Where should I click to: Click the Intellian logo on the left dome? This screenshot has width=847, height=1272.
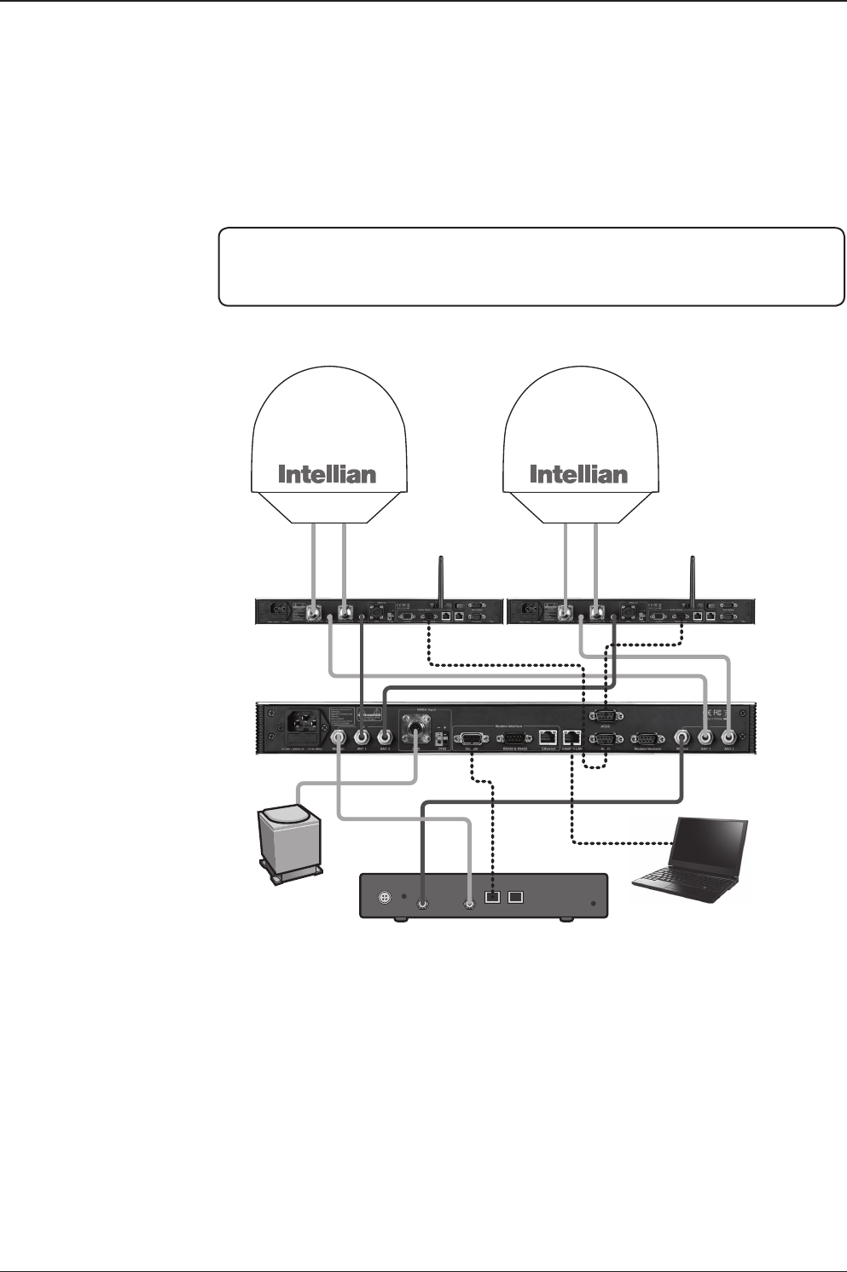pyautogui.click(x=327, y=474)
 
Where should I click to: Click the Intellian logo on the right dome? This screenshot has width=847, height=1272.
pyautogui.click(x=578, y=474)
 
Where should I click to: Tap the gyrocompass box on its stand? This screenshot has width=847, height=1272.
pyautogui.click(x=292, y=839)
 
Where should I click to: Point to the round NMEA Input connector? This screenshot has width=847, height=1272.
pyautogui.click(x=415, y=732)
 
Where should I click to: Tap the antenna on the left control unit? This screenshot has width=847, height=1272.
pyautogui.click(x=440, y=580)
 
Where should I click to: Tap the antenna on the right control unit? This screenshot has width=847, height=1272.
pyautogui.click(x=691, y=580)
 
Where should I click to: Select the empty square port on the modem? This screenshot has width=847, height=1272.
pyautogui.click(x=516, y=897)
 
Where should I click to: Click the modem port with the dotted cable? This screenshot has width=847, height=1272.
pyautogui.click(x=492, y=897)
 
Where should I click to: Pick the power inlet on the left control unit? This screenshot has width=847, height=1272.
pyautogui.click(x=280, y=611)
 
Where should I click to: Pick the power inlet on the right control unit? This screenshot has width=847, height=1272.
pyautogui.click(x=530, y=611)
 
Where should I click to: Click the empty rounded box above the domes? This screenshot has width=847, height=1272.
pyautogui.click(x=531, y=266)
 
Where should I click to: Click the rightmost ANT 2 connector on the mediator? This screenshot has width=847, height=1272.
pyautogui.click(x=729, y=737)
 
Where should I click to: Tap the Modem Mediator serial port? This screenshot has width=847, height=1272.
pyautogui.click(x=646, y=738)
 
